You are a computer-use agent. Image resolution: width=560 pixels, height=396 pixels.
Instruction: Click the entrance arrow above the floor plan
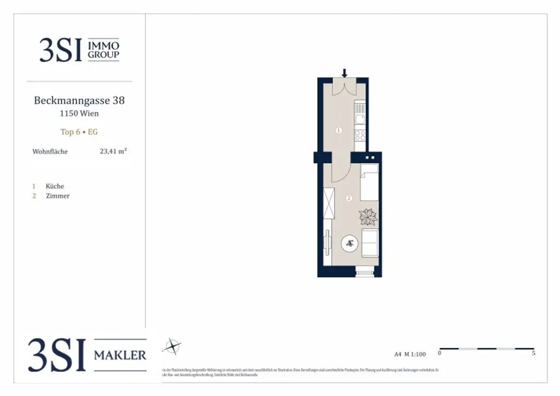click(345, 73)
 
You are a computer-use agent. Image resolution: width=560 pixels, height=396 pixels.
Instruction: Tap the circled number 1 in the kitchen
click(339, 130)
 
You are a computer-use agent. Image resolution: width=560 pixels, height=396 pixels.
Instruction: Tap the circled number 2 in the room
click(349, 198)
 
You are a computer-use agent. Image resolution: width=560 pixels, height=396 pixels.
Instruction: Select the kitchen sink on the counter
click(360, 118)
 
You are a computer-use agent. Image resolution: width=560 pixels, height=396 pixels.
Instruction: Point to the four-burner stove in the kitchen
click(360, 133)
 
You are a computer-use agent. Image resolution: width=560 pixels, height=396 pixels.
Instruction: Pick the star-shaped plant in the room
click(367, 217)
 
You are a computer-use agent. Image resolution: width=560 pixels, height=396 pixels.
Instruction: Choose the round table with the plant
click(350, 244)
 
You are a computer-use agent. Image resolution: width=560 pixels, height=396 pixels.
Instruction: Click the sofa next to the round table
click(370, 243)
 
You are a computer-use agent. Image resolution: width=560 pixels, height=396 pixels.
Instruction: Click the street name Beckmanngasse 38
click(79, 101)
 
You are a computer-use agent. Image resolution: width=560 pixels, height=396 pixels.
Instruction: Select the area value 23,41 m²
click(113, 152)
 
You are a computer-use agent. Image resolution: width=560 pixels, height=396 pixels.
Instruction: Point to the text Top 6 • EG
click(79, 132)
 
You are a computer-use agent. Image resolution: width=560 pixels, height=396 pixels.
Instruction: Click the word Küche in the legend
click(55, 186)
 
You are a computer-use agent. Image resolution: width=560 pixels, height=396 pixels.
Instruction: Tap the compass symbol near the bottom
click(173, 346)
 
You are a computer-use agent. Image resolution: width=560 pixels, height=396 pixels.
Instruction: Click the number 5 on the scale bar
click(533, 354)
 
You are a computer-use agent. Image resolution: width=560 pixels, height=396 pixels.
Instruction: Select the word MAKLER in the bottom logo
click(120, 356)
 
